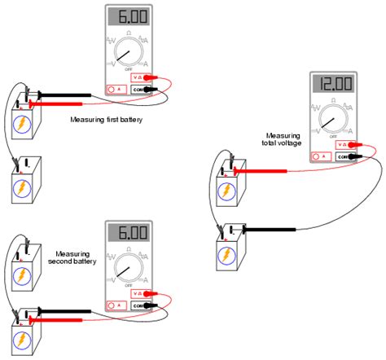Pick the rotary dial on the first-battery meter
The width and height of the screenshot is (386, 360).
point(126,55)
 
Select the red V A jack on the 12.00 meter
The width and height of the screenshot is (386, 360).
point(343,144)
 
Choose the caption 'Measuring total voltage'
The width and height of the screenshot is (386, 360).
point(283,139)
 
